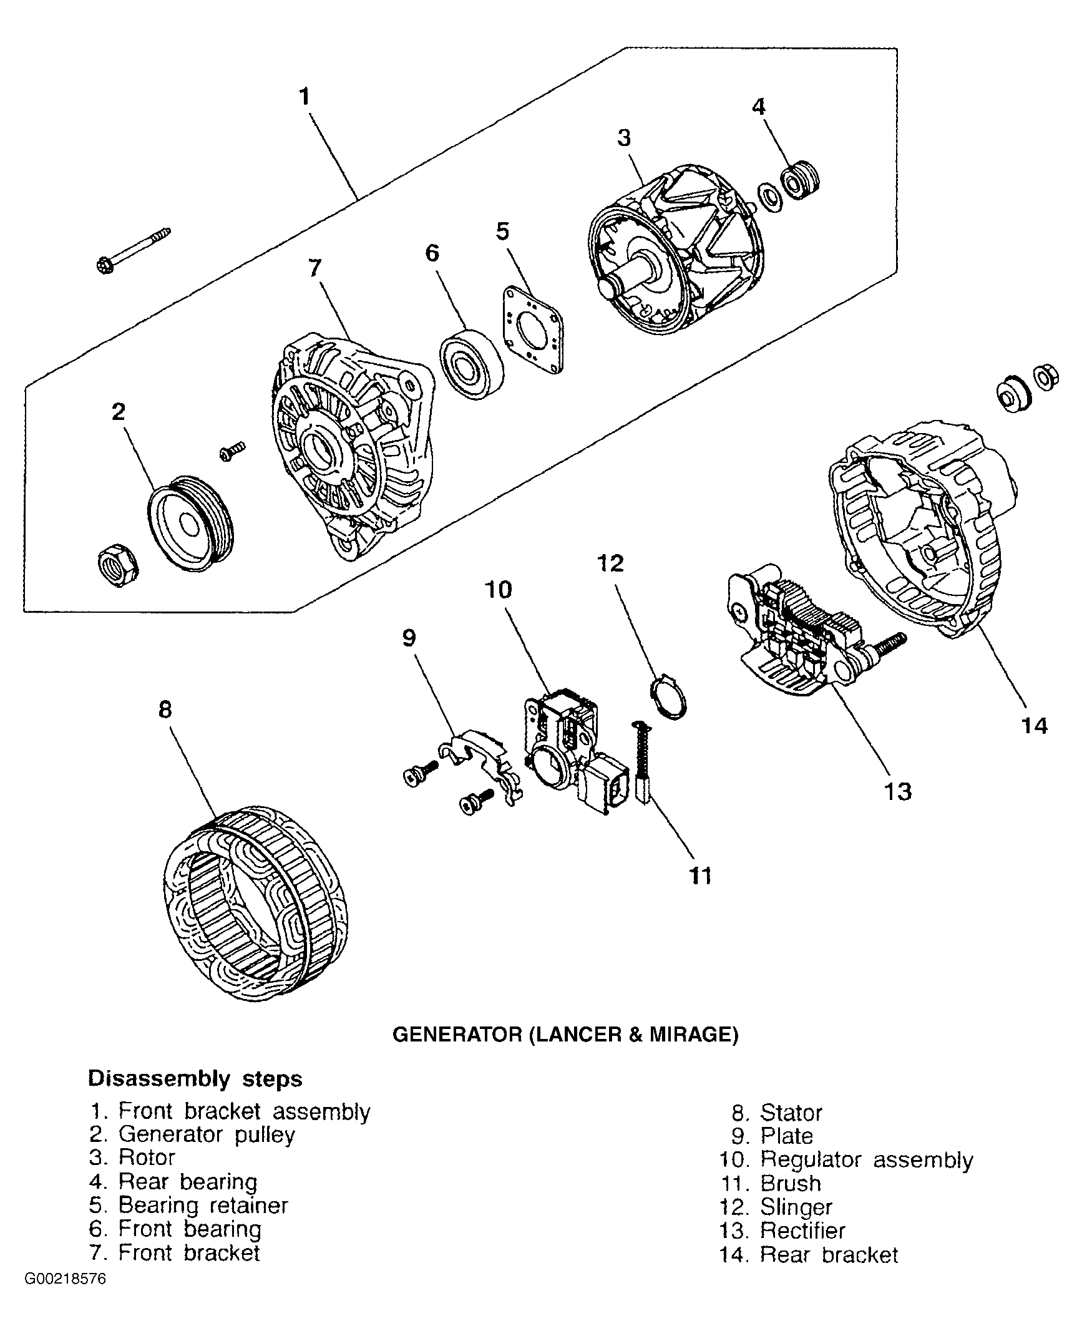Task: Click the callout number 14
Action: [x=1034, y=726]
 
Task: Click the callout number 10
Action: [x=498, y=590]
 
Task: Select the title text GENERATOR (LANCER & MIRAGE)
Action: [x=565, y=1035]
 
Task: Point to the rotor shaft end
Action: [x=608, y=287]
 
